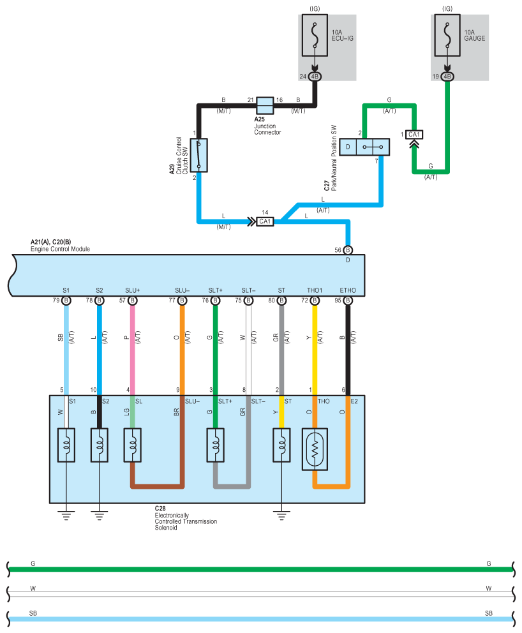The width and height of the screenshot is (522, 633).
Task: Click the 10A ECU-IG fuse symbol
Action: (x=315, y=36)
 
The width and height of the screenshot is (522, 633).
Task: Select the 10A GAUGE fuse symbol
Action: (x=447, y=36)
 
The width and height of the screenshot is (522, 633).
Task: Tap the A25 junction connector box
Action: (x=265, y=106)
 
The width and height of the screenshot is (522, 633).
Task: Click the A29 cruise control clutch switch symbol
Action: (x=198, y=156)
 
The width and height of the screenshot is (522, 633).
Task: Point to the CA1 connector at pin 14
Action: (x=265, y=221)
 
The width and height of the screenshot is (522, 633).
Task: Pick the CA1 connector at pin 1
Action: (x=414, y=135)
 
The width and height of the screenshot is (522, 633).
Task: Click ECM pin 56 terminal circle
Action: (x=348, y=250)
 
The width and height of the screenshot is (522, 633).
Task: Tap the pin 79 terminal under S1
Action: (x=66, y=301)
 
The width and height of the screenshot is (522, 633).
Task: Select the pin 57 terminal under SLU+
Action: (x=133, y=301)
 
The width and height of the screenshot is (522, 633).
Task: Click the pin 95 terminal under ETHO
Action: (x=348, y=301)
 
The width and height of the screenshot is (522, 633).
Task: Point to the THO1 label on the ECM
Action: (x=315, y=290)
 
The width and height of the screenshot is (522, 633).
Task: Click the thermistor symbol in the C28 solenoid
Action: (x=315, y=449)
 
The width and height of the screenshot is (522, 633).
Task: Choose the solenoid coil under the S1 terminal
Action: (x=66, y=445)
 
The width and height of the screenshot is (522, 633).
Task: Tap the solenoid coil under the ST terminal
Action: (x=281, y=445)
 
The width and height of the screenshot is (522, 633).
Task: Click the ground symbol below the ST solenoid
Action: (x=281, y=516)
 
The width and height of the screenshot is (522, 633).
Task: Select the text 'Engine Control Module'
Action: (x=60, y=249)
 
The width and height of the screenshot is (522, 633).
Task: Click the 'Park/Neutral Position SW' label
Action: (x=334, y=158)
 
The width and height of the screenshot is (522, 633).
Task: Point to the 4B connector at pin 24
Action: (x=315, y=77)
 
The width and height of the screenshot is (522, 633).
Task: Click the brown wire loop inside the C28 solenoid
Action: (x=156, y=486)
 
